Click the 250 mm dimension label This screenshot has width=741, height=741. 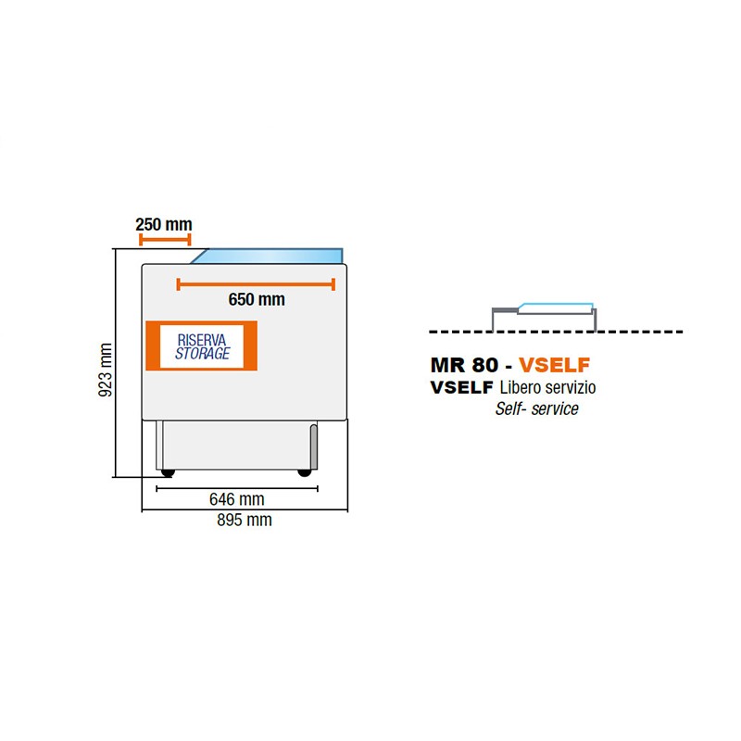click(164, 224)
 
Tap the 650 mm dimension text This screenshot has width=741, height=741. click(257, 299)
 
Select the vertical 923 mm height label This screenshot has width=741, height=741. click(105, 370)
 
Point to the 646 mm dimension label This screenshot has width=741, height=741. click(237, 499)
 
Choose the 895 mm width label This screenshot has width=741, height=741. click(245, 520)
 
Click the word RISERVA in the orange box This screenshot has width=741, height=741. click(202, 340)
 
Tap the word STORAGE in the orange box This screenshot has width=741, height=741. click(202, 353)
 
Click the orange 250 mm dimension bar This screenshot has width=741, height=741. click(165, 240)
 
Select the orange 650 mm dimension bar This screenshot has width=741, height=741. click(256, 284)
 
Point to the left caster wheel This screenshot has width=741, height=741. click(168, 472)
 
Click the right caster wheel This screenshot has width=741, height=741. click(305, 472)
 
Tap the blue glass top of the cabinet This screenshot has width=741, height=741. click(267, 256)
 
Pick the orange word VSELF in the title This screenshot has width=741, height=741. click(554, 365)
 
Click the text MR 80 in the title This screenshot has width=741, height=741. click(464, 365)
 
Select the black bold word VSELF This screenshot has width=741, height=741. click(461, 387)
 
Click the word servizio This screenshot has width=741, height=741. click(571, 387)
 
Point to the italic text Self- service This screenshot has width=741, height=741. click(537, 408)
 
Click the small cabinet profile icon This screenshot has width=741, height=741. click(545, 317)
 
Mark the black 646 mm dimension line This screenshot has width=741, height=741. click(237, 489)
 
